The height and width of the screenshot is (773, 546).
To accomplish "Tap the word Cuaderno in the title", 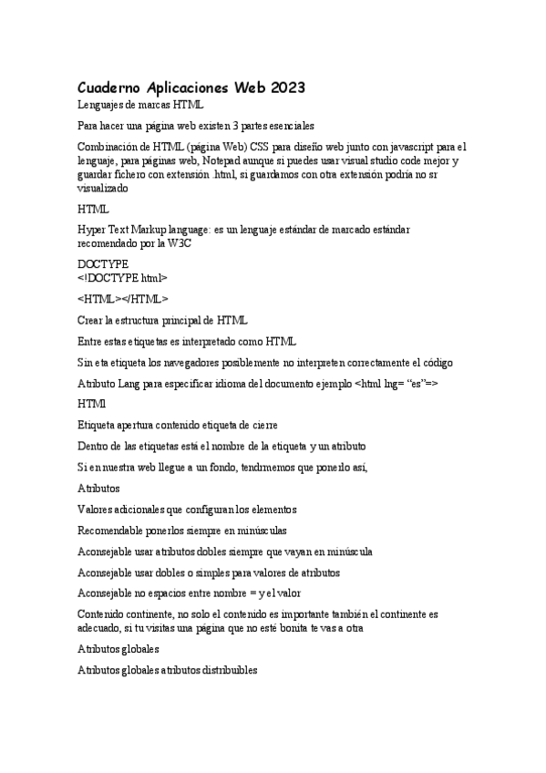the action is tap(110, 88).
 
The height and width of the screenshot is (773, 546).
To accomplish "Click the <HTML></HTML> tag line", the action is tap(123, 298).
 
